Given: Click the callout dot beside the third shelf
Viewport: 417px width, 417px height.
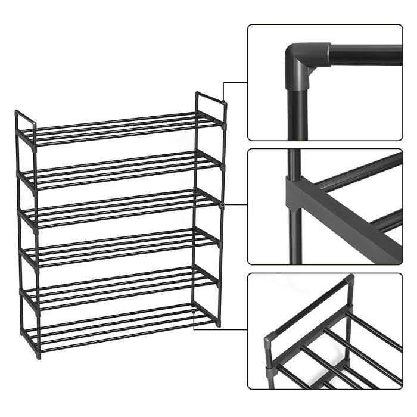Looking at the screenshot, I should click(x=222, y=204).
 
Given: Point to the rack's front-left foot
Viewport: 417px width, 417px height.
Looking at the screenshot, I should click(x=38, y=355).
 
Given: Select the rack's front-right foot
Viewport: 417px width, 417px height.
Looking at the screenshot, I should click(x=219, y=325).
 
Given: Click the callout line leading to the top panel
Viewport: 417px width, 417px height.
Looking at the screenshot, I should click(x=235, y=82).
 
